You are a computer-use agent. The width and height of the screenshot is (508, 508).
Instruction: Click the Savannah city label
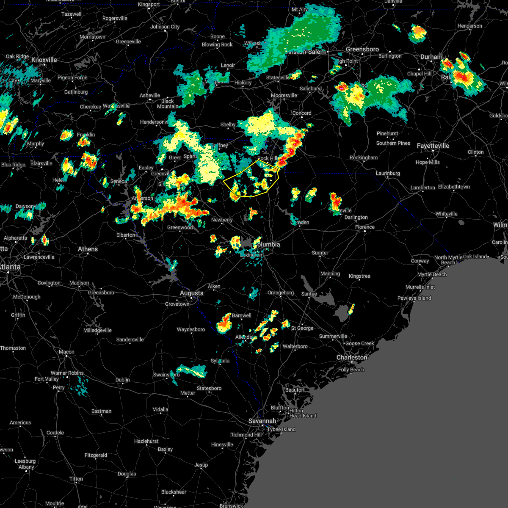[x=262, y=421]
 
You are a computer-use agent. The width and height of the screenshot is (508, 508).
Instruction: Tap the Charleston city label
[x=352, y=358]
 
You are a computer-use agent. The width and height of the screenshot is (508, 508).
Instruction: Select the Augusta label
[x=192, y=293]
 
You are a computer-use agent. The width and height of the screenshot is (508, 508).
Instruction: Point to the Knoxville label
[x=44, y=60]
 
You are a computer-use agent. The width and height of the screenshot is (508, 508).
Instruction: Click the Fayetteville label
[x=433, y=146]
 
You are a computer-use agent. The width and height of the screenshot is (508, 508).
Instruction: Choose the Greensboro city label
[x=362, y=50]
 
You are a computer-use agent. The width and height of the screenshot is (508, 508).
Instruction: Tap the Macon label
[x=66, y=352]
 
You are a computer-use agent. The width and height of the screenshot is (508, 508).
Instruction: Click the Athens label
[x=88, y=249]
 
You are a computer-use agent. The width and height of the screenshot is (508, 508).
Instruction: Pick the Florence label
[x=365, y=227]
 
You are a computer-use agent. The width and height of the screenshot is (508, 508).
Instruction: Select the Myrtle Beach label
[x=432, y=274]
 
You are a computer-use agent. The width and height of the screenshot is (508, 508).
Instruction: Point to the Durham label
[x=431, y=57]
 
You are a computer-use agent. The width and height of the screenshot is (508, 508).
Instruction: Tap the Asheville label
[x=150, y=96]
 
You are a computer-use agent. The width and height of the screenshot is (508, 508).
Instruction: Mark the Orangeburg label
[x=280, y=293]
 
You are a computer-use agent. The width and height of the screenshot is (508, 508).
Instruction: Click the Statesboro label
[x=209, y=388]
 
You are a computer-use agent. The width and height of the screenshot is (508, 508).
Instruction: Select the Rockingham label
[x=364, y=157]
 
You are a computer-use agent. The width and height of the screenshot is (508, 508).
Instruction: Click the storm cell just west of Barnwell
[x=224, y=324]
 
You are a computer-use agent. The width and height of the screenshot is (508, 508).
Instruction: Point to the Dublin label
[x=123, y=380]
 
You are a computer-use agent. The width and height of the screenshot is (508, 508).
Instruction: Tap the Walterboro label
[x=295, y=346]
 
